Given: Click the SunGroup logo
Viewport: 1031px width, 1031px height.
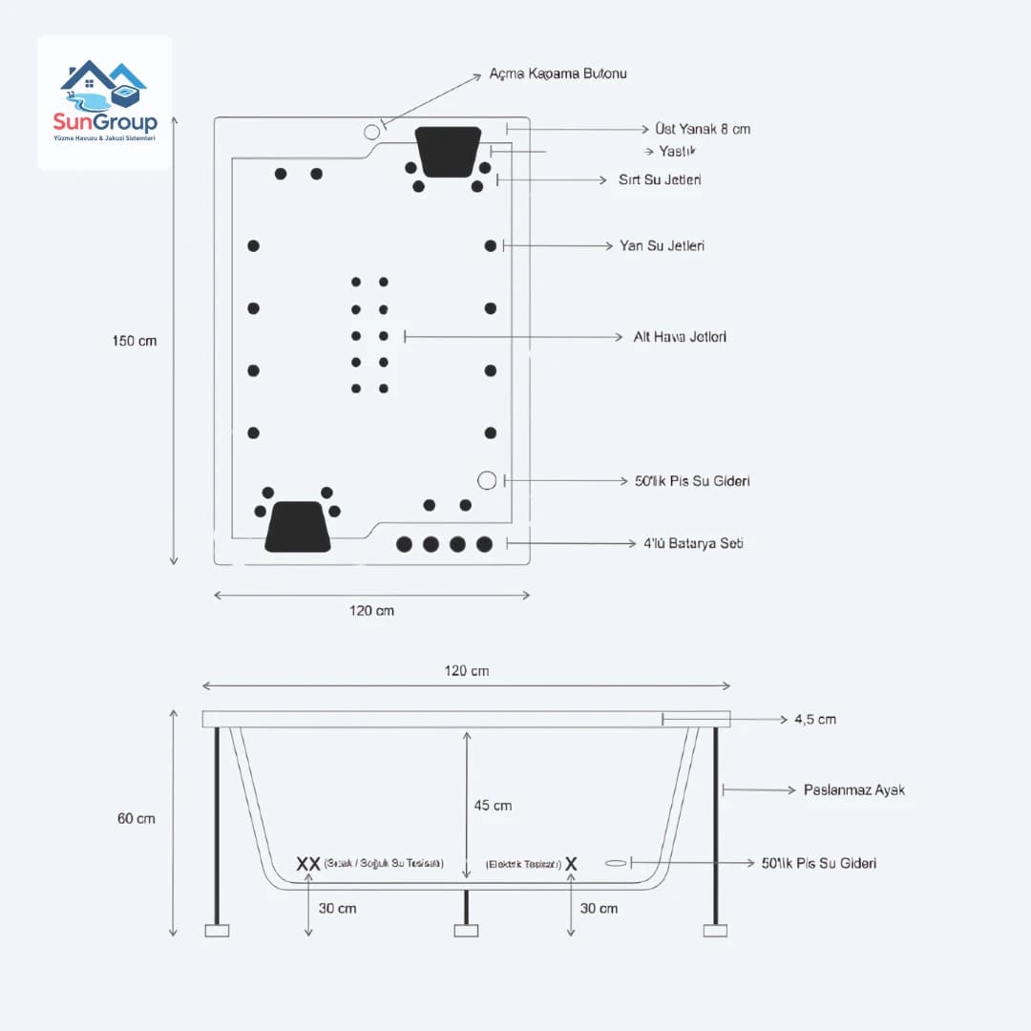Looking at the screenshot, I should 104,102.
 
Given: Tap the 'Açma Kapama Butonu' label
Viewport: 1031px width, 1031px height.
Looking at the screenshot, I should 558,74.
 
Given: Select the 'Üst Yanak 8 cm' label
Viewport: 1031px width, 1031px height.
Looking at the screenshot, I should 702,129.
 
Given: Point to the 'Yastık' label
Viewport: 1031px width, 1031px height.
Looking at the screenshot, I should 679,152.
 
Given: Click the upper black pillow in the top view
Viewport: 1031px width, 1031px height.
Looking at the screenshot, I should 448,151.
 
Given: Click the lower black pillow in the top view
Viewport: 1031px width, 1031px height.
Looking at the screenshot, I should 297,526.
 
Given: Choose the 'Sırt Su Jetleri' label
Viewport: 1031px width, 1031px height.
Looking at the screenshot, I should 660,179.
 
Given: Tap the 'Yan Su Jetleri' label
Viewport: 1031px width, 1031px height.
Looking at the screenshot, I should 662,245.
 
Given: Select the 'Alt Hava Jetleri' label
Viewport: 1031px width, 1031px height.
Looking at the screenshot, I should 680,337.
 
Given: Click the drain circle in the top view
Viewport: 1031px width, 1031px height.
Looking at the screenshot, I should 488,480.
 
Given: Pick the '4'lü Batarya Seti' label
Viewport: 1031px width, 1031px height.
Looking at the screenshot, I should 692,543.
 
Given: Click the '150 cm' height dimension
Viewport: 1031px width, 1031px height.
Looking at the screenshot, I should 135,341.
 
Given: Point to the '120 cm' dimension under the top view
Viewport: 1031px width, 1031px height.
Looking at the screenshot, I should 371,611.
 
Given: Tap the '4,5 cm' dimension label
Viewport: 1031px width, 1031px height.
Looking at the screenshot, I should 814,719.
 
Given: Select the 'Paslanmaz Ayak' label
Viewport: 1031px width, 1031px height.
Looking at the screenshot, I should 853,789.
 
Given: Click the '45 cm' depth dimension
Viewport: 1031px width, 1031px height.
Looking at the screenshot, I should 493,806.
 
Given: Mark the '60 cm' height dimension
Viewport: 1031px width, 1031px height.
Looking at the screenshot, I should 137,818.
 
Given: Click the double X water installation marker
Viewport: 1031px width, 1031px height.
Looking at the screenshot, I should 308,864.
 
